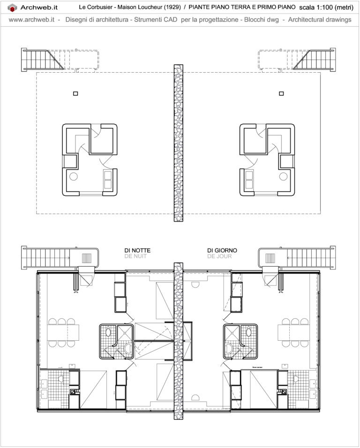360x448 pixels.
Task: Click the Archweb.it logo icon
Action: coord(13,7)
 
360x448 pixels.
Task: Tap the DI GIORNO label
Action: coord(222,250)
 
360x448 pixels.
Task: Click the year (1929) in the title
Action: coord(171,7)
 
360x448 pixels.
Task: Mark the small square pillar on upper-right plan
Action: coord(281,93)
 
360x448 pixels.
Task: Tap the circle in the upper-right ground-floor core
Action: coord(283,177)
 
